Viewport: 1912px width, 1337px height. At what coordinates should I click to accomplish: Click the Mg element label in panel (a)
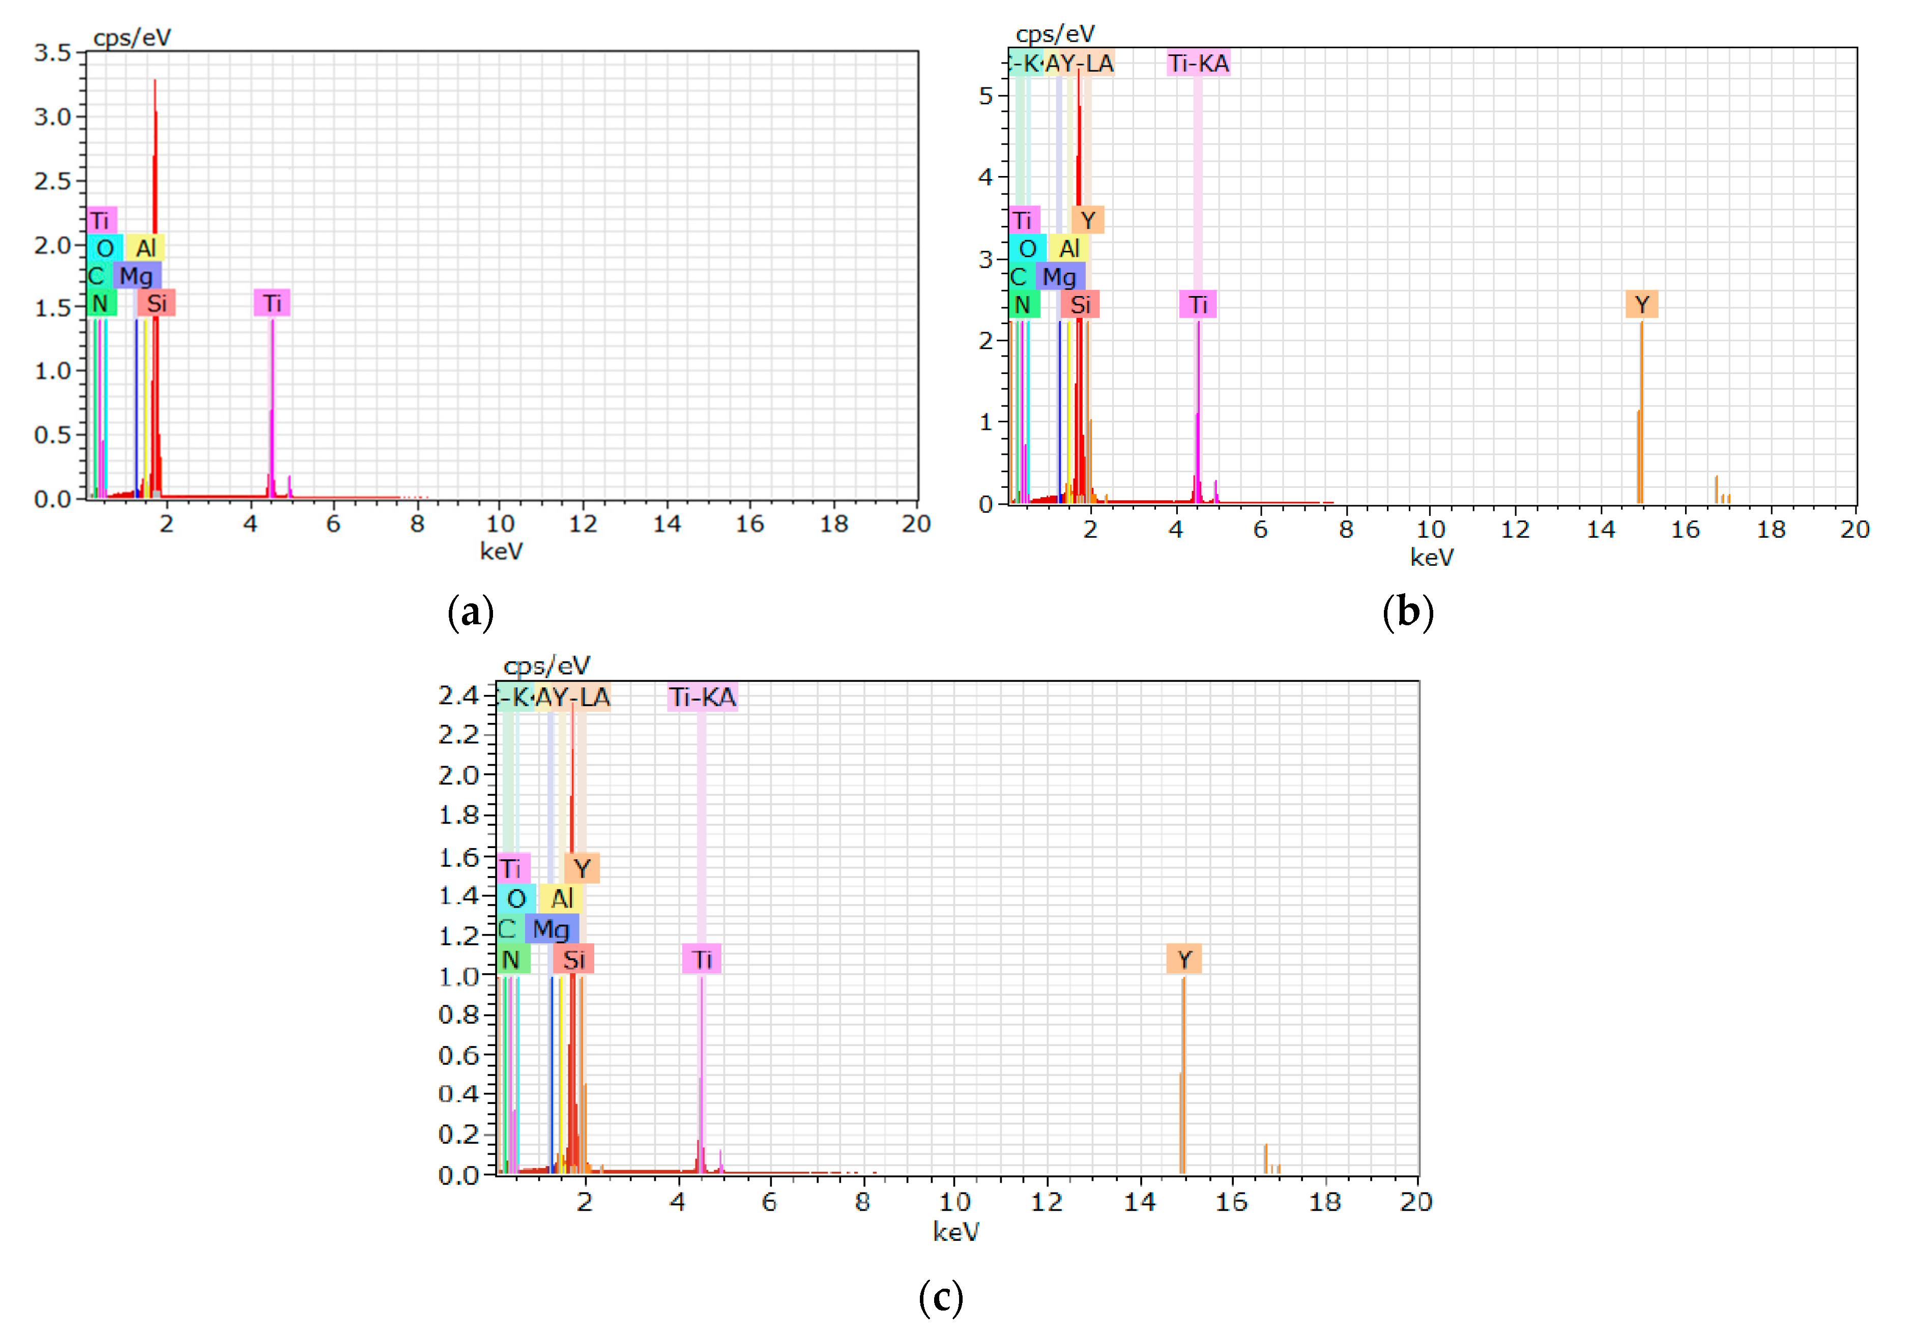pyautogui.click(x=136, y=276)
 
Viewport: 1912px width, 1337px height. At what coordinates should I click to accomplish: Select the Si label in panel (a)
pyautogui.click(x=157, y=303)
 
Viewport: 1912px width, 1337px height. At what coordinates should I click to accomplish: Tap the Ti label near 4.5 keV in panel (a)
pyautogui.click(x=272, y=303)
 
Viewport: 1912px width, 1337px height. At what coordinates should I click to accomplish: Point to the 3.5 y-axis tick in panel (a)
pyautogui.click(x=51, y=53)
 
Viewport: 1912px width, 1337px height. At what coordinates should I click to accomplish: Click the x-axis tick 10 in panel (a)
pyautogui.click(x=500, y=524)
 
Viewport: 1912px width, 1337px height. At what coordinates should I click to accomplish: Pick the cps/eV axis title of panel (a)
pyautogui.click(x=132, y=38)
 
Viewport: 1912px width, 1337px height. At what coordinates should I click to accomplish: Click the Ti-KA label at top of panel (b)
pyautogui.click(x=1198, y=63)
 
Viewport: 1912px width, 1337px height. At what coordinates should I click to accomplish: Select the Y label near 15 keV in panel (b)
pyautogui.click(x=1641, y=305)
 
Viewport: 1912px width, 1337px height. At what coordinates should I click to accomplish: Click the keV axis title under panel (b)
pyautogui.click(x=1432, y=557)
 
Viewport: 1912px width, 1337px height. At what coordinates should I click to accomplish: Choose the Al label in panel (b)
pyautogui.click(x=1069, y=248)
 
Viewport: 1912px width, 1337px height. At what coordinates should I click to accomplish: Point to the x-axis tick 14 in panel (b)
pyautogui.click(x=1601, y=530)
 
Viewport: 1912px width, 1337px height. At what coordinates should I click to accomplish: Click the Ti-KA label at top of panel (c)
pyautogui.click(x=702, y=697)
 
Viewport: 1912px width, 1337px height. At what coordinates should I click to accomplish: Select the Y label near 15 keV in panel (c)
pyautogui.click(x=1184, y=960)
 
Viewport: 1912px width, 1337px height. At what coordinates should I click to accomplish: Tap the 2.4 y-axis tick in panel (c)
pyautogui.click(x=458, y=695)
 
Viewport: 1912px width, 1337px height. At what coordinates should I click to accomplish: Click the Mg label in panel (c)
pyautogui.click(x=552, y=929)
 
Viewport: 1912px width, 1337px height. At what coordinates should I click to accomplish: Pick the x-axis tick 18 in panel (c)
pyautogui.click(x=1324, y=1201)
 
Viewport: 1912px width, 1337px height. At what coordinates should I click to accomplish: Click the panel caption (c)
pyautogui.click(x=941, y=1297)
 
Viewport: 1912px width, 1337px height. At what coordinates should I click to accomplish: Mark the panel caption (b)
pyautogui.click(x=1407, y=612)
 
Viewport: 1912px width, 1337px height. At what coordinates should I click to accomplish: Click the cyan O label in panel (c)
pyautogui.click(x=516, y=898)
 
